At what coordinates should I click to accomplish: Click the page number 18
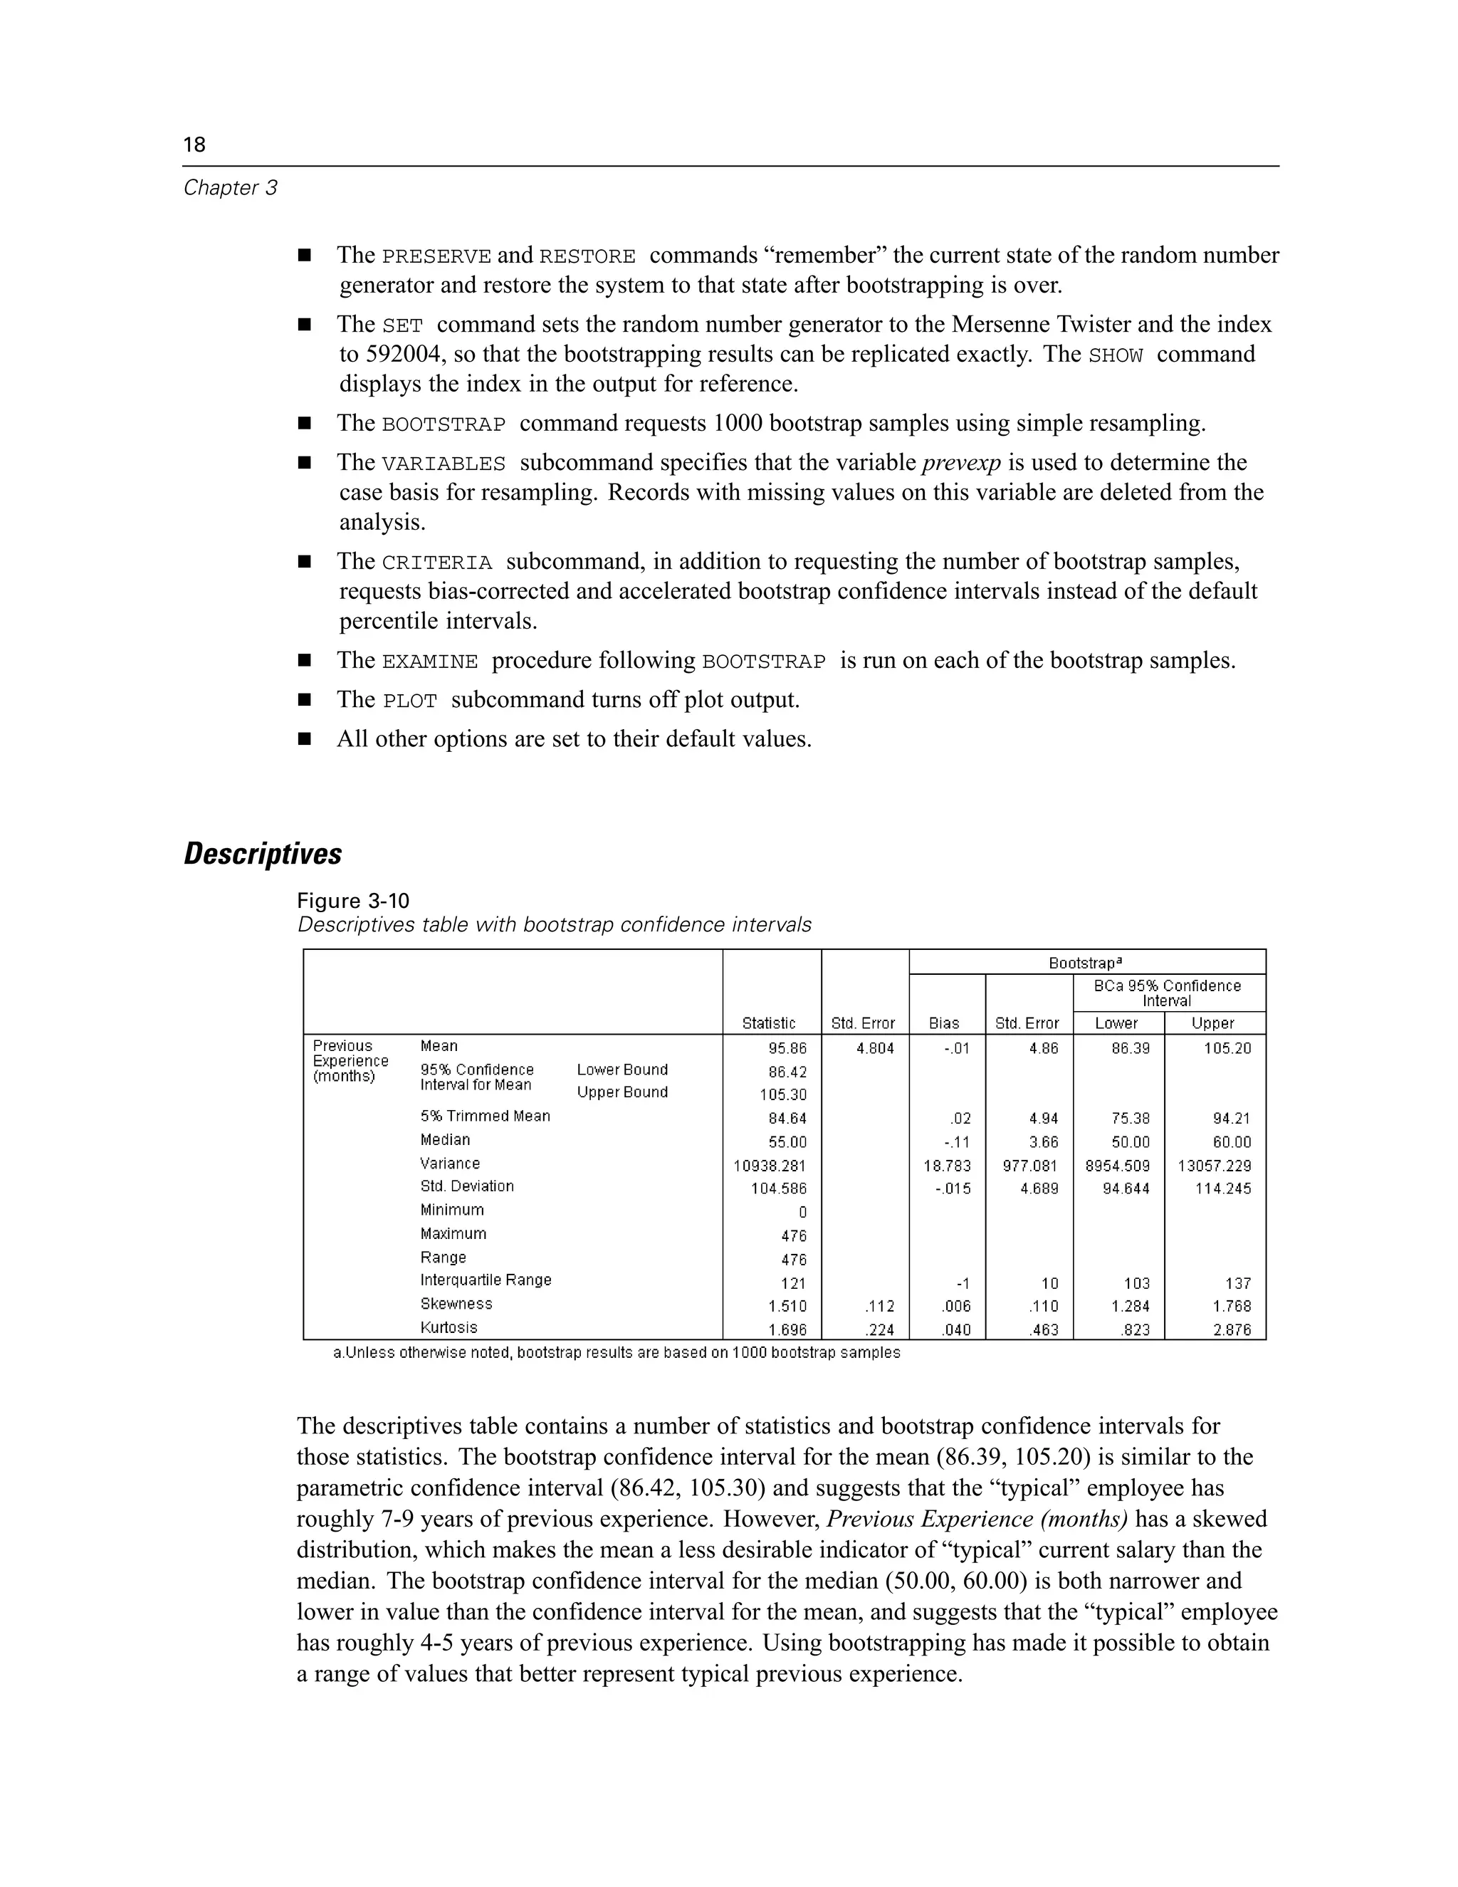click(194, 145)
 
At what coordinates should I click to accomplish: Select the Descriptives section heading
click(263, 854)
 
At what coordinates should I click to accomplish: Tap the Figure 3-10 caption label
click(352, 901)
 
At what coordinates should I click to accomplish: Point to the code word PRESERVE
click(436, 256)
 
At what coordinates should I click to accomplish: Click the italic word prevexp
click(960, 463)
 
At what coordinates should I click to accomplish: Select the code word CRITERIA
click(436, 563)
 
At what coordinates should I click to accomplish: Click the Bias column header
click(943, 1023)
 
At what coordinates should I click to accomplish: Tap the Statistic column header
click(769, 1023)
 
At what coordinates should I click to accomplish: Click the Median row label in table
click(445, 1139)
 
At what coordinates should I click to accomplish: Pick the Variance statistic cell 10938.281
click(770, 1166)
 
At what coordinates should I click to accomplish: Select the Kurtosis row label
click(449, 1327)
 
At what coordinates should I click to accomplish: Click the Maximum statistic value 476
click(793, 1235)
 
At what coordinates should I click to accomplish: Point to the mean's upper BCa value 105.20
click(1227, 1048)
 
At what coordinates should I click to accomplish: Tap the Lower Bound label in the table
click(622, 1070)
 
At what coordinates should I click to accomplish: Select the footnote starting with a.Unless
click(616, 1352)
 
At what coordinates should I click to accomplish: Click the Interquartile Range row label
click(486, 1280)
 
